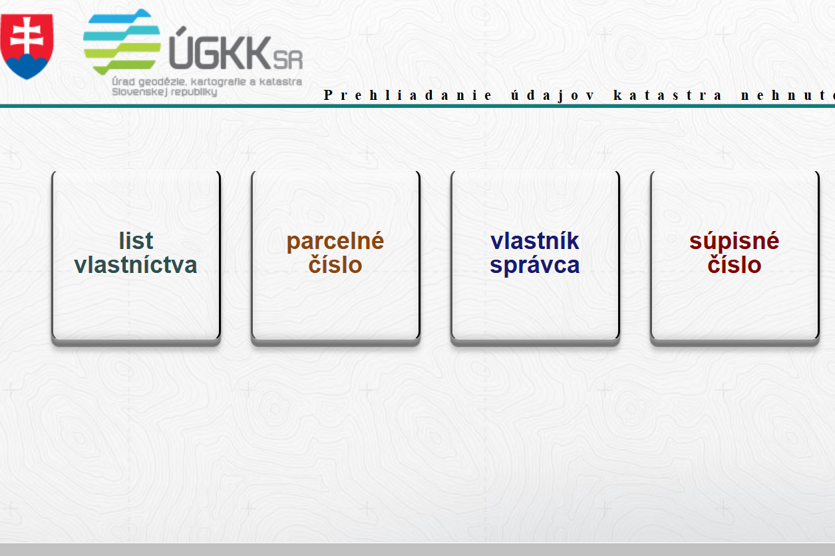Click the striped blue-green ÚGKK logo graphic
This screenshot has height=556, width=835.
[x=122, y=41]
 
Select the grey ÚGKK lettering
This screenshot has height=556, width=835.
[x=220, y=49]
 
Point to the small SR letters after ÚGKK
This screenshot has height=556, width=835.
[x=288, y=60]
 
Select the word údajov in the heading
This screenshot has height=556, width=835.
[x=552, y=96]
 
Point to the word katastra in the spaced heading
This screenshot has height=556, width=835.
[x=667, y=95]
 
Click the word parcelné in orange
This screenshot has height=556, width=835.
[x=335, y=242]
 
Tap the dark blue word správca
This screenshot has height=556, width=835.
[x=534, y=266]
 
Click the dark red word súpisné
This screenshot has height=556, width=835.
[x=734, y=242]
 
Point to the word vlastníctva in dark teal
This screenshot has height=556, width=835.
[x=136, y=264]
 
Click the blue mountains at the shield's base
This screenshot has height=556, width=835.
[x=27, y=66]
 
